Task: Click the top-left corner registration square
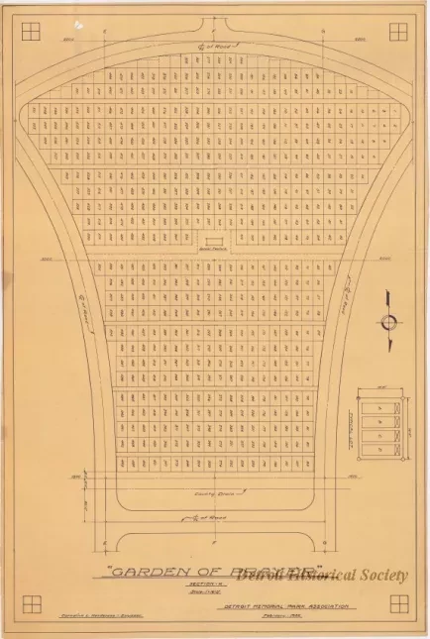coord(31,32)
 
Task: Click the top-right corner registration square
coord(398,32)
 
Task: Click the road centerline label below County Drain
coord(209,517)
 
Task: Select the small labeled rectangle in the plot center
coord(212,244)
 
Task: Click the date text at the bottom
coord(316,615)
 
